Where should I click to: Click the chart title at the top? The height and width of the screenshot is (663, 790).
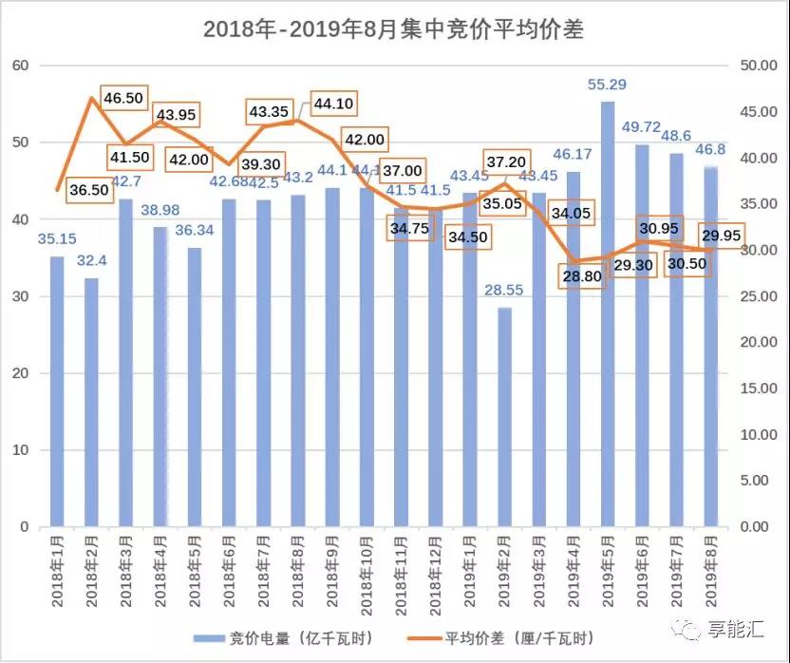pos(393,29)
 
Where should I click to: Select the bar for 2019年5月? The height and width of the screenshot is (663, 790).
pos(608,313)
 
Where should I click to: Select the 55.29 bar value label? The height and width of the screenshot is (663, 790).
pos(608,85)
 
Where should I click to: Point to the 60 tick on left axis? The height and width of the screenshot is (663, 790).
pos(21,66)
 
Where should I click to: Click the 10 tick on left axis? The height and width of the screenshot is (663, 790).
pos(21,449)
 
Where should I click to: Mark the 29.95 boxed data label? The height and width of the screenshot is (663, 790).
pos(725,236)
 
